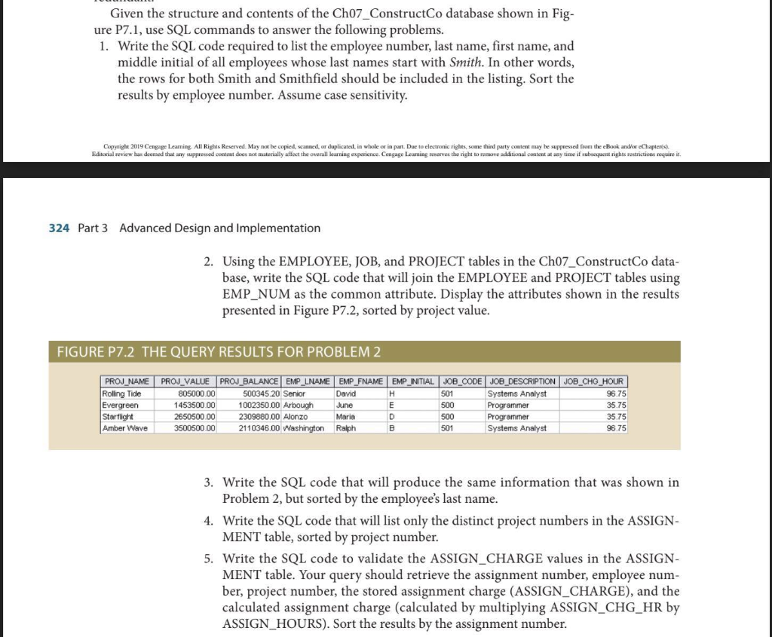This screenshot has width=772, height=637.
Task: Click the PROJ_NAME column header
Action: (x=127, y=382)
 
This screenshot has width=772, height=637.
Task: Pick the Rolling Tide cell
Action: (x=122, y=394)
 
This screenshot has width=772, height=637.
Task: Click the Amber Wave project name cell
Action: (x=126, y=428)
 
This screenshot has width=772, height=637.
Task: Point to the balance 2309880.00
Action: (x=257, y=417)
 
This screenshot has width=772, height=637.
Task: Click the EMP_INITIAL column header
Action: (x=412, y=382)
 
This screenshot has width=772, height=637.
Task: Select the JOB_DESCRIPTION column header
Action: (x=523, y=382)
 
